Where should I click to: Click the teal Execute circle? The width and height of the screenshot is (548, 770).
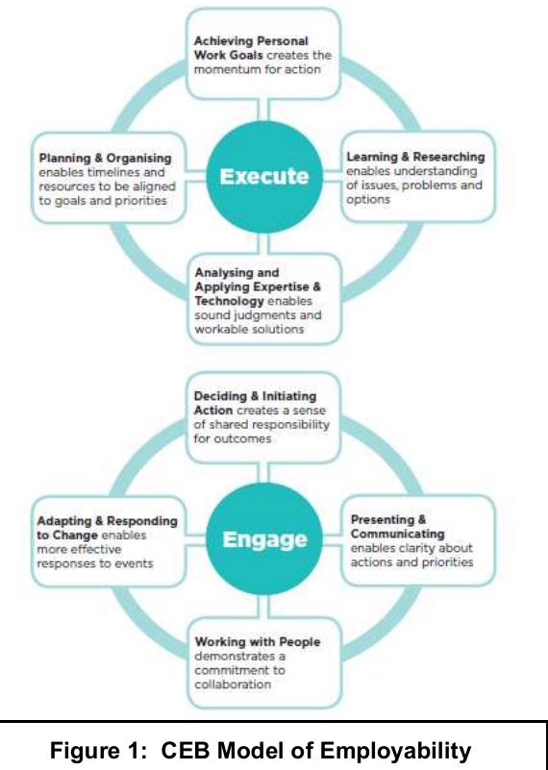coord(264,176)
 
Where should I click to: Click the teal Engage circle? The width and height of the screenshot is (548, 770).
coord(264,538)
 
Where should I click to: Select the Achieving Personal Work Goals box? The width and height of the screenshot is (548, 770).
coord(262,54)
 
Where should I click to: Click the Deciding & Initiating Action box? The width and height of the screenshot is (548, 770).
coord(262,417)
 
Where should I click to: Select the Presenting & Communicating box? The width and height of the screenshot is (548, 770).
coord(419,540)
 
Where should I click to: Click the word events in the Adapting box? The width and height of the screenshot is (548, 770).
coord(136,563)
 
